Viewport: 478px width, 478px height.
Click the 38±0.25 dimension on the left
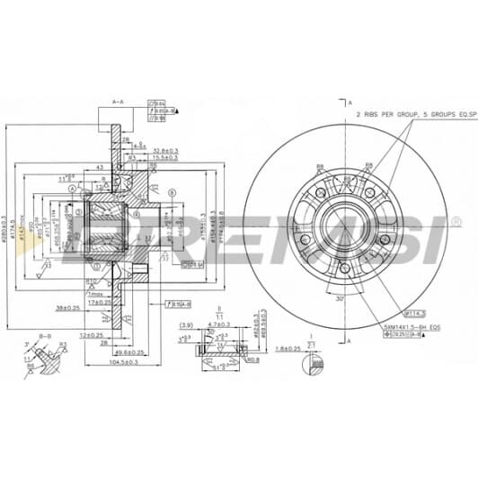(x=69, y=307)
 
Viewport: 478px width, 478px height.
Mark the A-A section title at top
(x=118, y=104)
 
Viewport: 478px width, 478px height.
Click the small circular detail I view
(x=312, y=363)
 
